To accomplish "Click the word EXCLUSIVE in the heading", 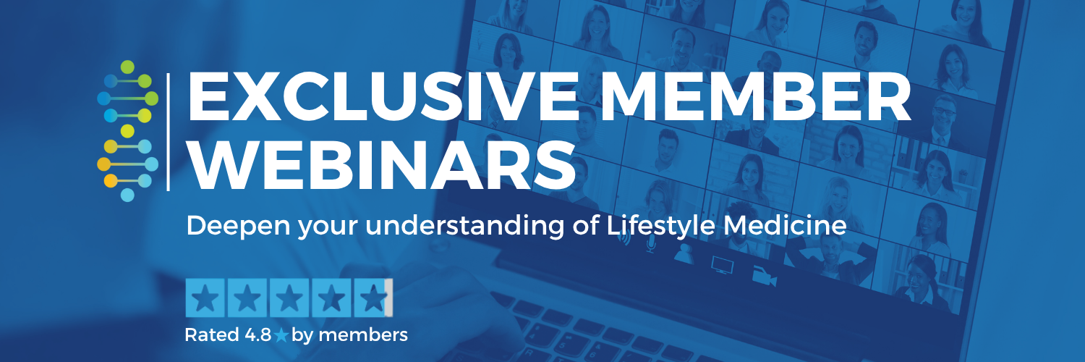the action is coord(383,97).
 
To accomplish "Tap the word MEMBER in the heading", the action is coord(757,97).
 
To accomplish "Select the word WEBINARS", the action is coord(382,165).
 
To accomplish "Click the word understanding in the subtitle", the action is coord(465,226).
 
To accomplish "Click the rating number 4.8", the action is coord(258,335).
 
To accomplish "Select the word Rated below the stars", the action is coord(212,335).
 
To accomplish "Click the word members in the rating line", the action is coord(363,335).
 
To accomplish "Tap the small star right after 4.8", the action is coord(281,336).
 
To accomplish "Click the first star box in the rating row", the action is coord(205,298).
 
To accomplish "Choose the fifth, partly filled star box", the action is coord(373,298).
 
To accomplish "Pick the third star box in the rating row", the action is coord(289,298).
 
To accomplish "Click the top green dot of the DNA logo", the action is coord(127,67).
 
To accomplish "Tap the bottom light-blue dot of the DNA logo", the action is coord(127,195).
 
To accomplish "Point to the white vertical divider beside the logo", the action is coord(168,132).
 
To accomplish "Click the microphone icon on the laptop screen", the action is coord(650,244).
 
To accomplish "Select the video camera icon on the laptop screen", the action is coord(765,277).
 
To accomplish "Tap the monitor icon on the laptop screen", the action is coord(722,265).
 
